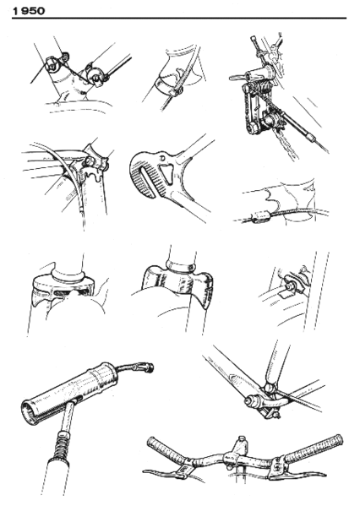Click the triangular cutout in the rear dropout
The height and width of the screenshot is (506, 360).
pyautogui.click(x=167, y=173)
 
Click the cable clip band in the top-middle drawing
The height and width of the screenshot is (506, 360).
pyautogui.click(x=170, y=84)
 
